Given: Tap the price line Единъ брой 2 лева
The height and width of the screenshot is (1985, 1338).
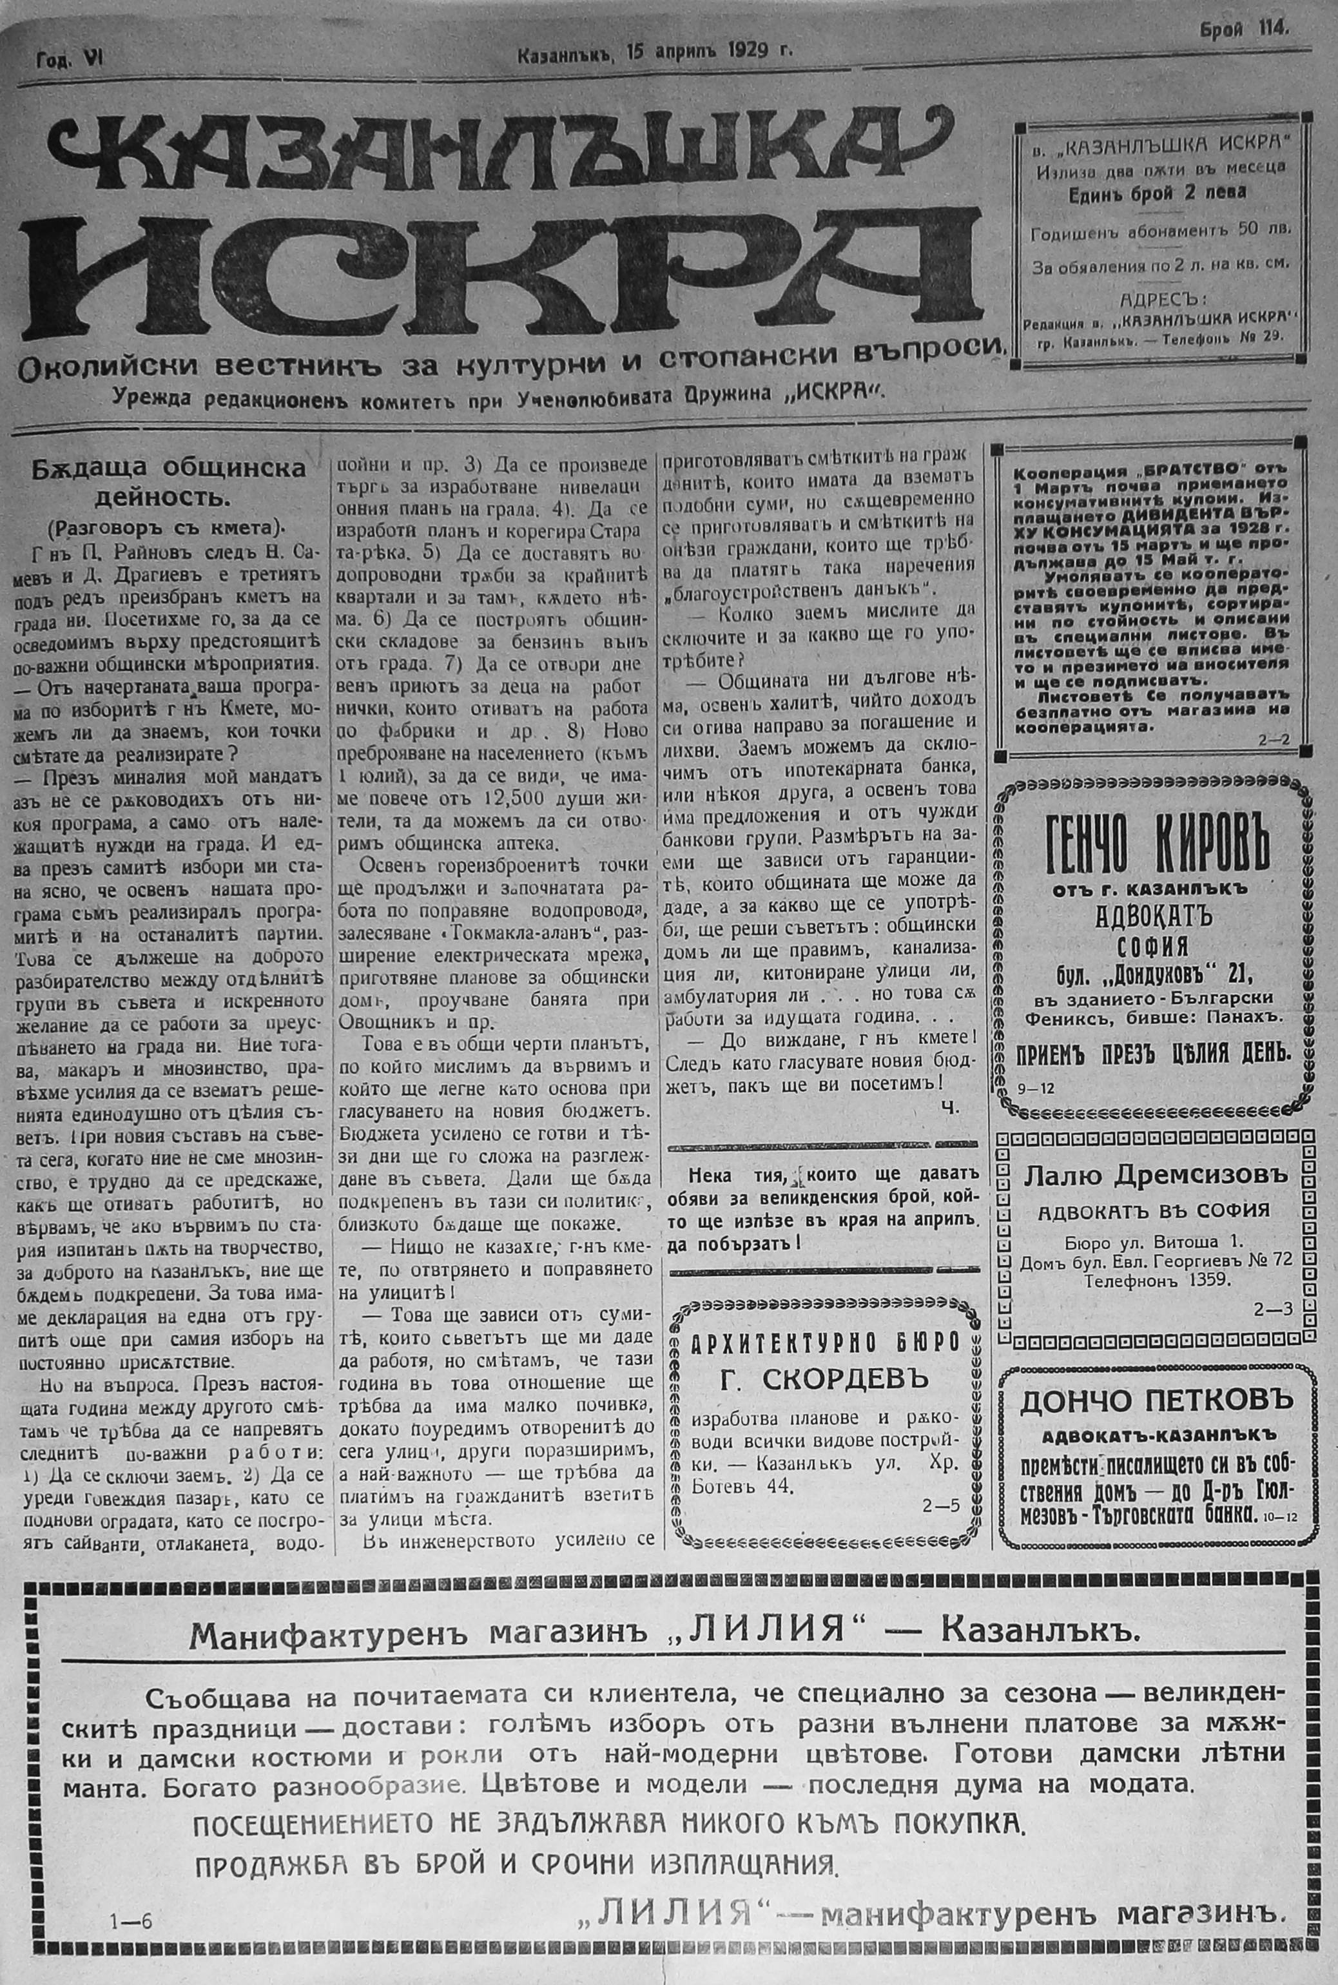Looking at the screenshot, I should coord(1156,192).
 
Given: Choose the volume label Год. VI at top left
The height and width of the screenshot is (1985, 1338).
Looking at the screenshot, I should coord(69,60).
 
